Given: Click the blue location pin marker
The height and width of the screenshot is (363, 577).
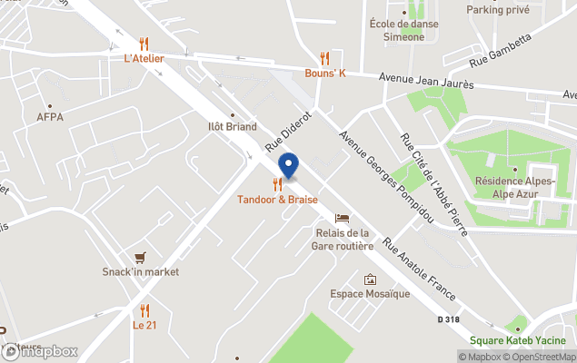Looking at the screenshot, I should (x=288, y=167).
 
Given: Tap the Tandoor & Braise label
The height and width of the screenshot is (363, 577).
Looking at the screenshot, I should (x=277, y=199).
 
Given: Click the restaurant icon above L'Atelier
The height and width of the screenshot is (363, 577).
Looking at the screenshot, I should (x=144, y=43).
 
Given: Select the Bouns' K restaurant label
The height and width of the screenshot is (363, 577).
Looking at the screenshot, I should (x=325, y=74).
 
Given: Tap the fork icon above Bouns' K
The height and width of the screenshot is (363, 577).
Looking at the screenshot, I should (x=324, y=58).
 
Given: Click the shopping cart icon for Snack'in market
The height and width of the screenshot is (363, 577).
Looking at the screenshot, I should (x=140, y=257).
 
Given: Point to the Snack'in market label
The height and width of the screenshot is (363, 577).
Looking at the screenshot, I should (x=140, y=271).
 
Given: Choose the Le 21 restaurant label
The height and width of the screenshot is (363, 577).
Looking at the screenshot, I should (x=144, y=324).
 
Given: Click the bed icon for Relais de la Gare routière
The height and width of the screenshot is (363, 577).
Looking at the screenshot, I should (x=342, y=218).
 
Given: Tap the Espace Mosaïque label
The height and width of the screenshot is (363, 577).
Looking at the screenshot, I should (x=369, y=294).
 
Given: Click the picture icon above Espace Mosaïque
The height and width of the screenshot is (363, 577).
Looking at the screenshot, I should (x=370, y=280).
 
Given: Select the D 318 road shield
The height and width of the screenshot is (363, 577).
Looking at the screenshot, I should (x=449, y=319).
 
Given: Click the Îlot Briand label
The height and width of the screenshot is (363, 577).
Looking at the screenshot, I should (x=232, y=127).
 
